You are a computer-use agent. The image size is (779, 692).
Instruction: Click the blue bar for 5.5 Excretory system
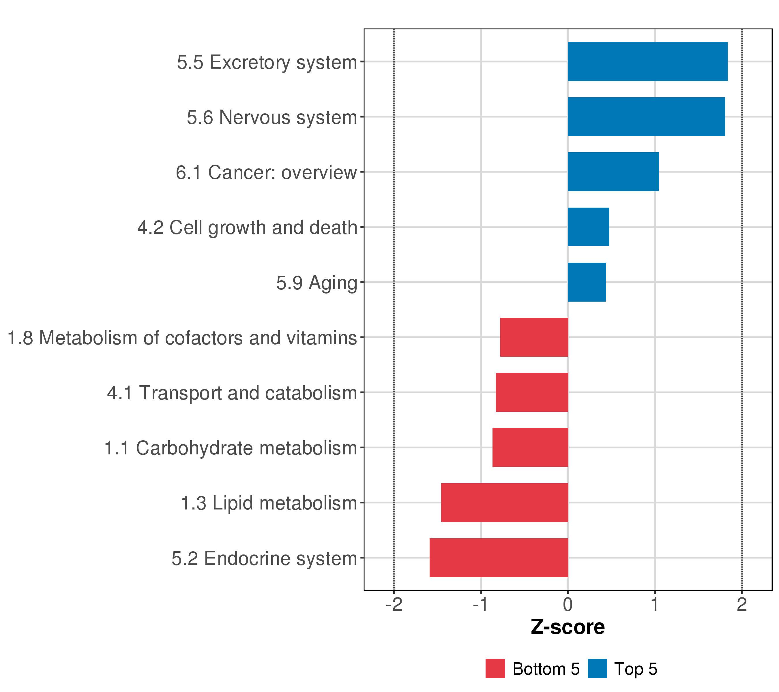(x=647, y=62)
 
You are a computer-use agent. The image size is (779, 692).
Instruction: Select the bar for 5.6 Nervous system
(x=646, y=116)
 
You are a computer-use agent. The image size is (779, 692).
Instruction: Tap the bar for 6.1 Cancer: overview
(x=613, y=172)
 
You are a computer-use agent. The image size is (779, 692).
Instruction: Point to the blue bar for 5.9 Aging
(x=587, y=282)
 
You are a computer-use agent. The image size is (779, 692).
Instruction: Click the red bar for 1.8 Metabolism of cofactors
(x=534, y=337)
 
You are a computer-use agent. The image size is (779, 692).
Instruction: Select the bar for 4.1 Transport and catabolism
(x=532, y=392)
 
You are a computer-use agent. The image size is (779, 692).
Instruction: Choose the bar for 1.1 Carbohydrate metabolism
(x=530, y=447)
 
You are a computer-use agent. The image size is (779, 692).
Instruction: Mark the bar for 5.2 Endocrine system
(x=499, y=558)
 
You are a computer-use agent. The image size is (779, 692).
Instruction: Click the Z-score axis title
(x=568, y=627)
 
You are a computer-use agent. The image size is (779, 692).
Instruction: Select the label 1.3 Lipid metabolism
(x=269, y=503)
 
